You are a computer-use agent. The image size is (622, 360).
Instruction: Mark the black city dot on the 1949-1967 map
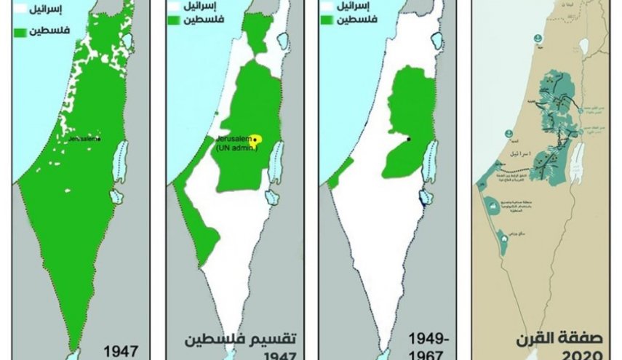coord(408,139)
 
